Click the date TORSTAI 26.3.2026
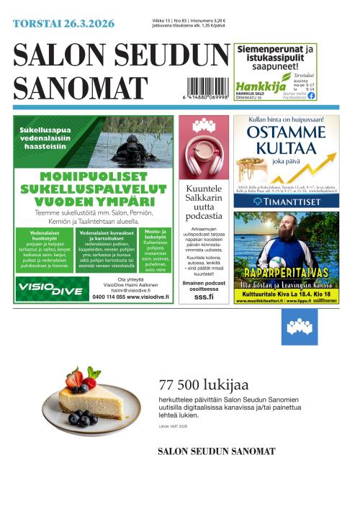click(63, 24)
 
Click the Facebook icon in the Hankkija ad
click(311, 95)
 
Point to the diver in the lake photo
click(133, 149)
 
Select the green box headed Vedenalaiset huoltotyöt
click(45, 249)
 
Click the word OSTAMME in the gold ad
click(285, 134)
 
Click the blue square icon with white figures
click(299, 327)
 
